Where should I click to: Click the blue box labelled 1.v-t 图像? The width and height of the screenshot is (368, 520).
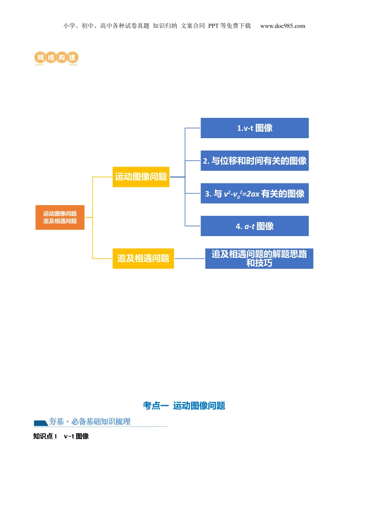coord(255,128)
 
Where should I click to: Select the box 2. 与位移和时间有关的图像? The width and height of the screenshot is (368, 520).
coord(255,161)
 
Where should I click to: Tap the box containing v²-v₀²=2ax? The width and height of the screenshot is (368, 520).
coord(255,193)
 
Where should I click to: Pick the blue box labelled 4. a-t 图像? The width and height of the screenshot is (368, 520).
coord(255,226)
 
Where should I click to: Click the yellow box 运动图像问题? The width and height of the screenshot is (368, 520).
coord(141,177)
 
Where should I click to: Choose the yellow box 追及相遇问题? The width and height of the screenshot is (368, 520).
coord(143,258)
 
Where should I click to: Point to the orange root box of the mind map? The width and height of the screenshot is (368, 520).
coord(60,217)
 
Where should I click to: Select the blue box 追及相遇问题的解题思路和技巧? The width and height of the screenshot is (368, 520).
coord(259,258)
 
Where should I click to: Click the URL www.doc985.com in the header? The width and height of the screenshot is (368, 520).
coord(282,26)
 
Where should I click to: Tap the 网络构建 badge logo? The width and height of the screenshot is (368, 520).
coord(57,58)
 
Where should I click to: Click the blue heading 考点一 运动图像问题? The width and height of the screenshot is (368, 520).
coord(184,405)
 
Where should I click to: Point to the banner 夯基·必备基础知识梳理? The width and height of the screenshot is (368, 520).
coord(90,421)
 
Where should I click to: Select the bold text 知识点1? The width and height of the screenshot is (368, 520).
coord(45,436)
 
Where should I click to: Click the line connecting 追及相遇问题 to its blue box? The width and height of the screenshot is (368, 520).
coord(189,258)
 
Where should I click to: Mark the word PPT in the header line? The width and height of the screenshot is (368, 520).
coord(213,26)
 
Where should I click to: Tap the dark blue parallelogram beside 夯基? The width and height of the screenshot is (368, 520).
coord(41,423)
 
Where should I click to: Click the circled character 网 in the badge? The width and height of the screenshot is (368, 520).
coord(40,58)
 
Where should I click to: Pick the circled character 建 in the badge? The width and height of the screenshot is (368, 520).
coord(72,58)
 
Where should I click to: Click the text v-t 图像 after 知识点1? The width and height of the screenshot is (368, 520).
coord(76,436)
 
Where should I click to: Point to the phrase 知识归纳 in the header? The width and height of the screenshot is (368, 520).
coord(165,26)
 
